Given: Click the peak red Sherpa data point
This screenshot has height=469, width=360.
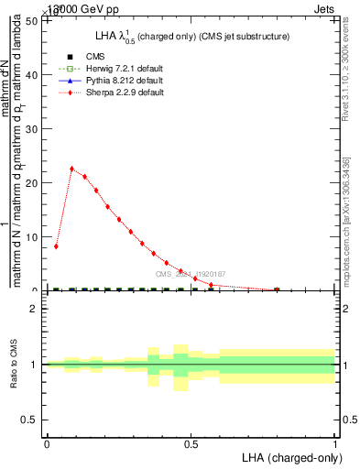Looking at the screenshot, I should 71,169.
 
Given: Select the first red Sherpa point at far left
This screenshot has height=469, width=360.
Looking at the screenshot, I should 56,246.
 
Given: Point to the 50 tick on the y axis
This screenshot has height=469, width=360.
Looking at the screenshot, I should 33,20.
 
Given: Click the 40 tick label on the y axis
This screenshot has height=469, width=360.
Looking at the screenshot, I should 33,74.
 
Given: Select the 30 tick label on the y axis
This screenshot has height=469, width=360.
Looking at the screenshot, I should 33,128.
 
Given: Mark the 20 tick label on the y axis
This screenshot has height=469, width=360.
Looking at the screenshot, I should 33,182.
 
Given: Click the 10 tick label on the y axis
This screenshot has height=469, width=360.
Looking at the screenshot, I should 33,236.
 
